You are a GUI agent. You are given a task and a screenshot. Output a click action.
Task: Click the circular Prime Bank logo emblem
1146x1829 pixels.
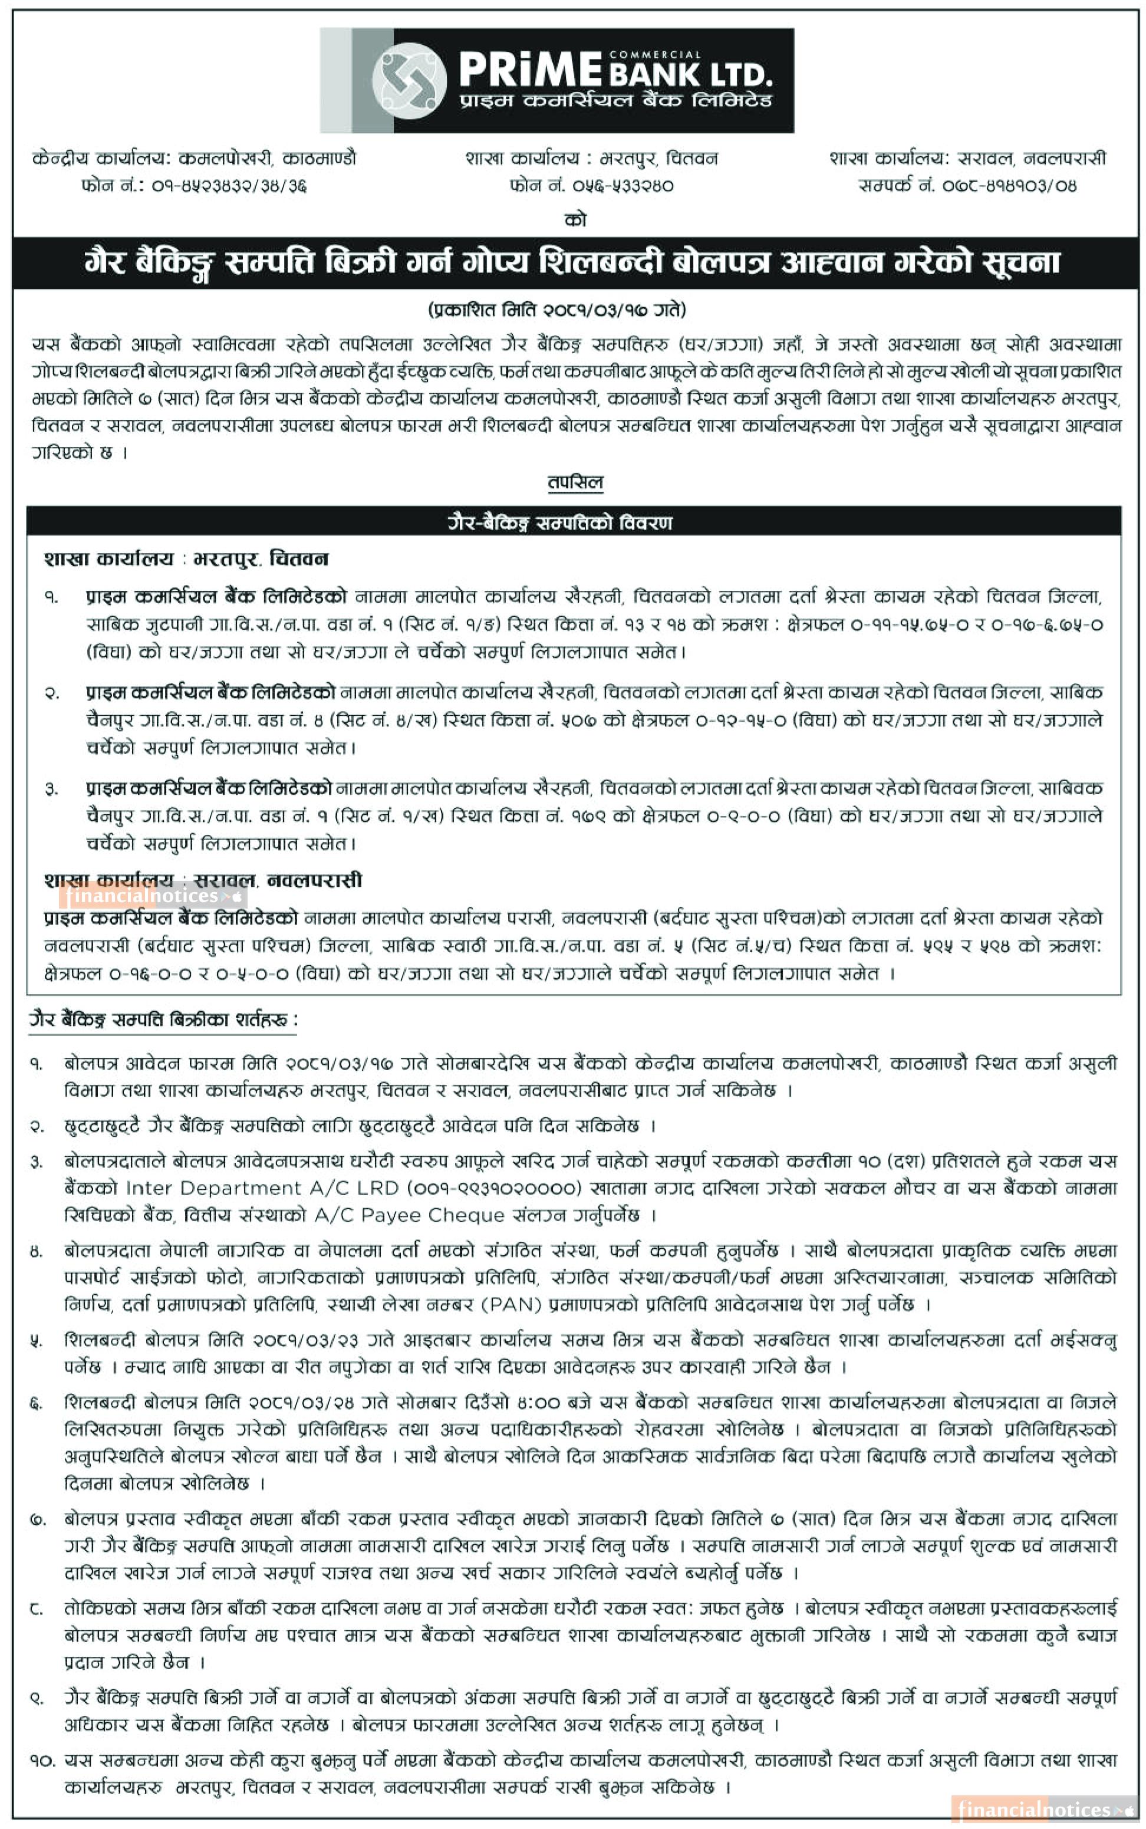click(409, 80)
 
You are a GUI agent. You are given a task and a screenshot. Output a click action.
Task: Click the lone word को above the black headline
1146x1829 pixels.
click(575, 220)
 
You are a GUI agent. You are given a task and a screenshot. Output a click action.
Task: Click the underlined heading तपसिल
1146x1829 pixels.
click(575, 482)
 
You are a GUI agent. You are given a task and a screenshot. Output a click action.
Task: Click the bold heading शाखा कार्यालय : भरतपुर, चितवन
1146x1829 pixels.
click(186, 560)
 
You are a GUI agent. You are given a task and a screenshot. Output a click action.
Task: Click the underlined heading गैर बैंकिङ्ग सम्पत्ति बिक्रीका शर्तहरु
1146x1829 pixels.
click(163, 1020)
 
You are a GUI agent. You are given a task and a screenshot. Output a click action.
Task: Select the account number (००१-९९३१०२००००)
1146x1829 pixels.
click(498, 1187)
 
